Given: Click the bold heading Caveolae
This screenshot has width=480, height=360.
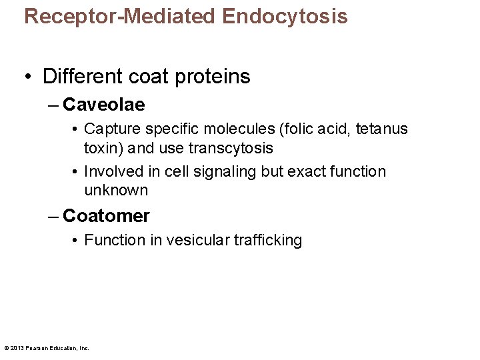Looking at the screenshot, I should pyautogui.click(x=103, y=105).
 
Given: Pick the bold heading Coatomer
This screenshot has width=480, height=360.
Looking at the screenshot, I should pyautogui.click(x=106, y=216).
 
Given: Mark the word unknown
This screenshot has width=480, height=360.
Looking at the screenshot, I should pyautogui.click(x=116, y=190).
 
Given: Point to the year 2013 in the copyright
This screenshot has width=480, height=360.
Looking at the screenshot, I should pyautogui.click(x=17, y=347).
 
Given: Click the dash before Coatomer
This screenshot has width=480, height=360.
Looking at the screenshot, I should pyautogui.click(x=53, y=216).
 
